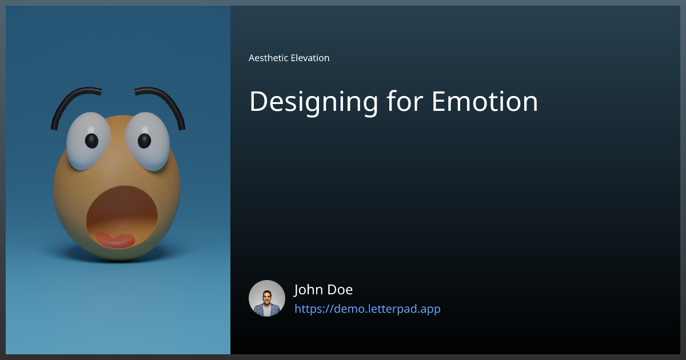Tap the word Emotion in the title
[484, 102]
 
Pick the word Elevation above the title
[310, 58]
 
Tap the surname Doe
[342, 290]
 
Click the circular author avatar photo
[267, 298]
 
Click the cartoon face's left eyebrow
[71, 100]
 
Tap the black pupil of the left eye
[91, 140]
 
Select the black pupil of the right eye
[144, 140]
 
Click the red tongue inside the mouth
[115, 240]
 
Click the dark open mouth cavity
[122, 209]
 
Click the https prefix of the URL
[308, 309]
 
